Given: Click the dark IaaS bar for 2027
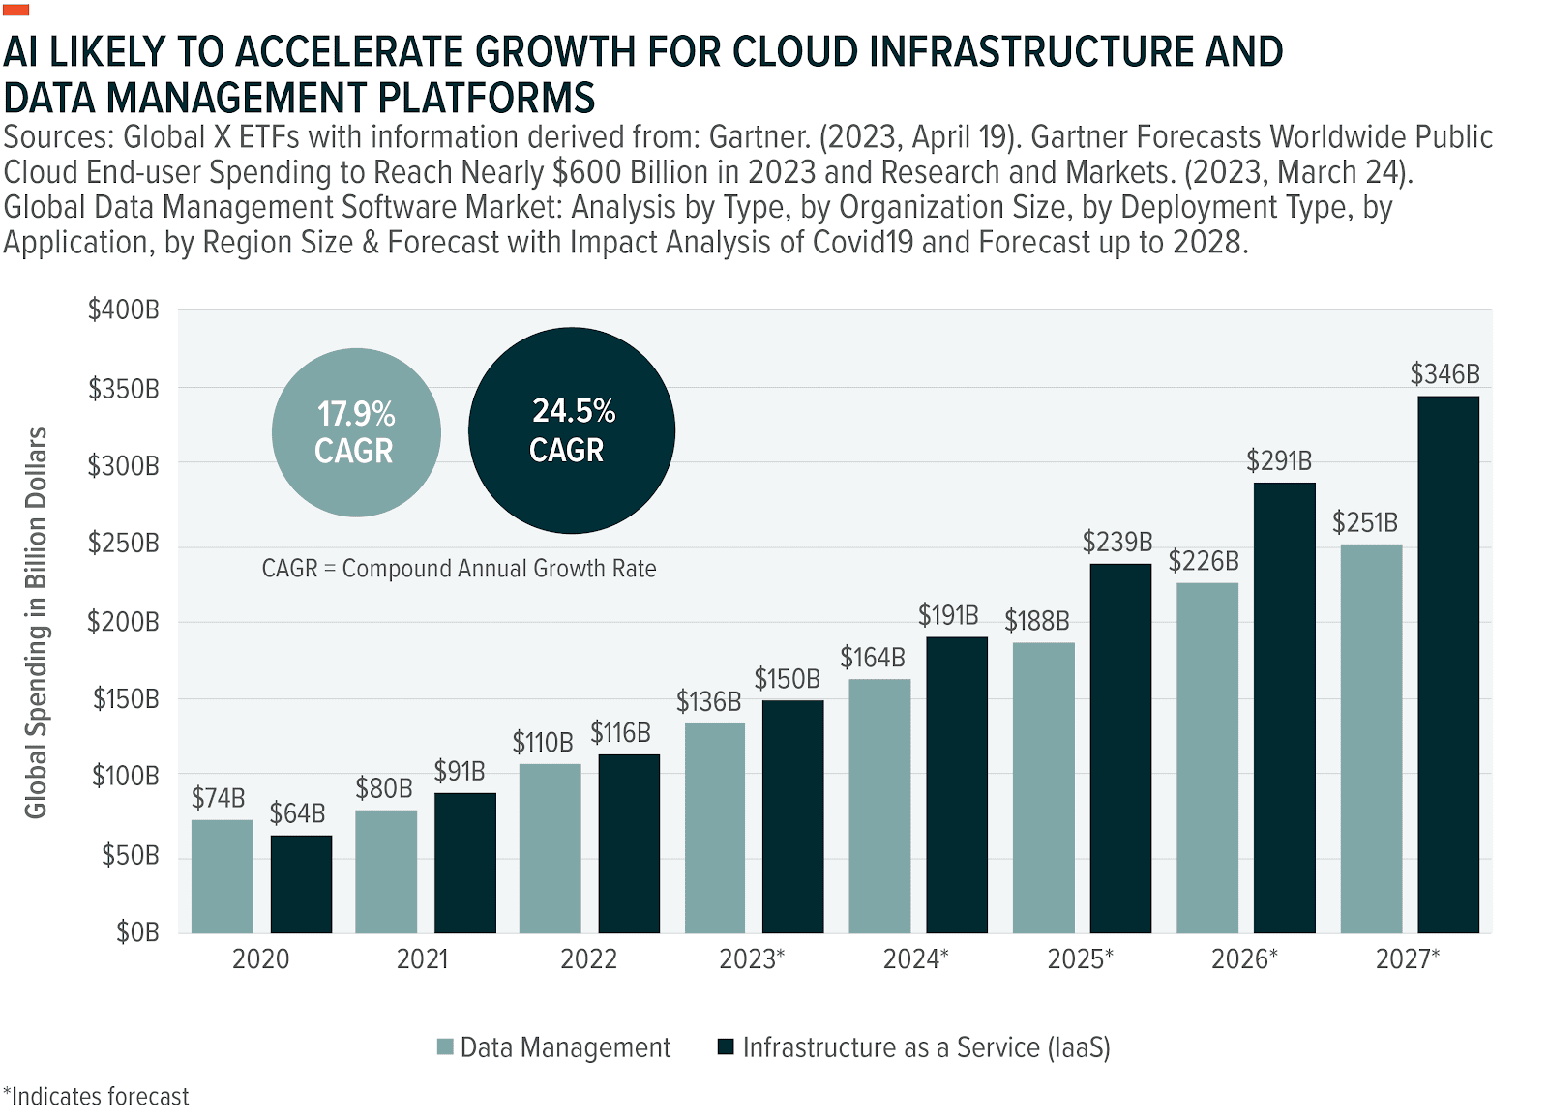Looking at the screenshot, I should pyautogui.click(x=1447, y=664).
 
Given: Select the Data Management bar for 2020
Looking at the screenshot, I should pyautogui.click(x=222, y=876).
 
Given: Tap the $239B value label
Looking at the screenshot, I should pyautogui.click(x=1116, y=542).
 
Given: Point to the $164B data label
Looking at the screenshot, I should pyautogui.click(x=872, y=658).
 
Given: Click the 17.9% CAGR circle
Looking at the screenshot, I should pyautogui.click(x=356, y=432).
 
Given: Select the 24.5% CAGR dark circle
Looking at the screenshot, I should pyautogui.click(x=572, y=430).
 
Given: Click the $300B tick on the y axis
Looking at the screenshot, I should pyautogui.click(x=123, y=466).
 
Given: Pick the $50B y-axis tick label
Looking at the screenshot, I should pyautogui.click(x=130, y=855).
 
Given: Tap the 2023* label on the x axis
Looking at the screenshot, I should pyautogui.click(x=752, y=958).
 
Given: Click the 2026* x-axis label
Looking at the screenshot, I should pyautogui.click(x=1244, y=958).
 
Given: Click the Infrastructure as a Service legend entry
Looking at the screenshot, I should pyautogui.click(x=914, y=1047).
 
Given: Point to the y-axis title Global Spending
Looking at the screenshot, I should pyautogui.click(x=36, y=623).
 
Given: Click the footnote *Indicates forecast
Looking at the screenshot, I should pyautogui.click(x=96, y=1097).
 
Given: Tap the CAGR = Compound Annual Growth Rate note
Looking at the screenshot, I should pyautogui.click(x=459, y=569).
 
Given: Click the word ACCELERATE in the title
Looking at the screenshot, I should pyautogui.click(x=351, y=52).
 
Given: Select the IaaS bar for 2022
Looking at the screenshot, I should pyautogui.click(x=629, y=843).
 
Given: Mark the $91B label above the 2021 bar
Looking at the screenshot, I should pyautogui.click(x=459, y=771).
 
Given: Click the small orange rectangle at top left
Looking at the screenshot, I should pyautogui.click(x=16, y=10).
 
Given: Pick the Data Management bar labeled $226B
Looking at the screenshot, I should pyautogui.click(x=1206, y=757).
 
